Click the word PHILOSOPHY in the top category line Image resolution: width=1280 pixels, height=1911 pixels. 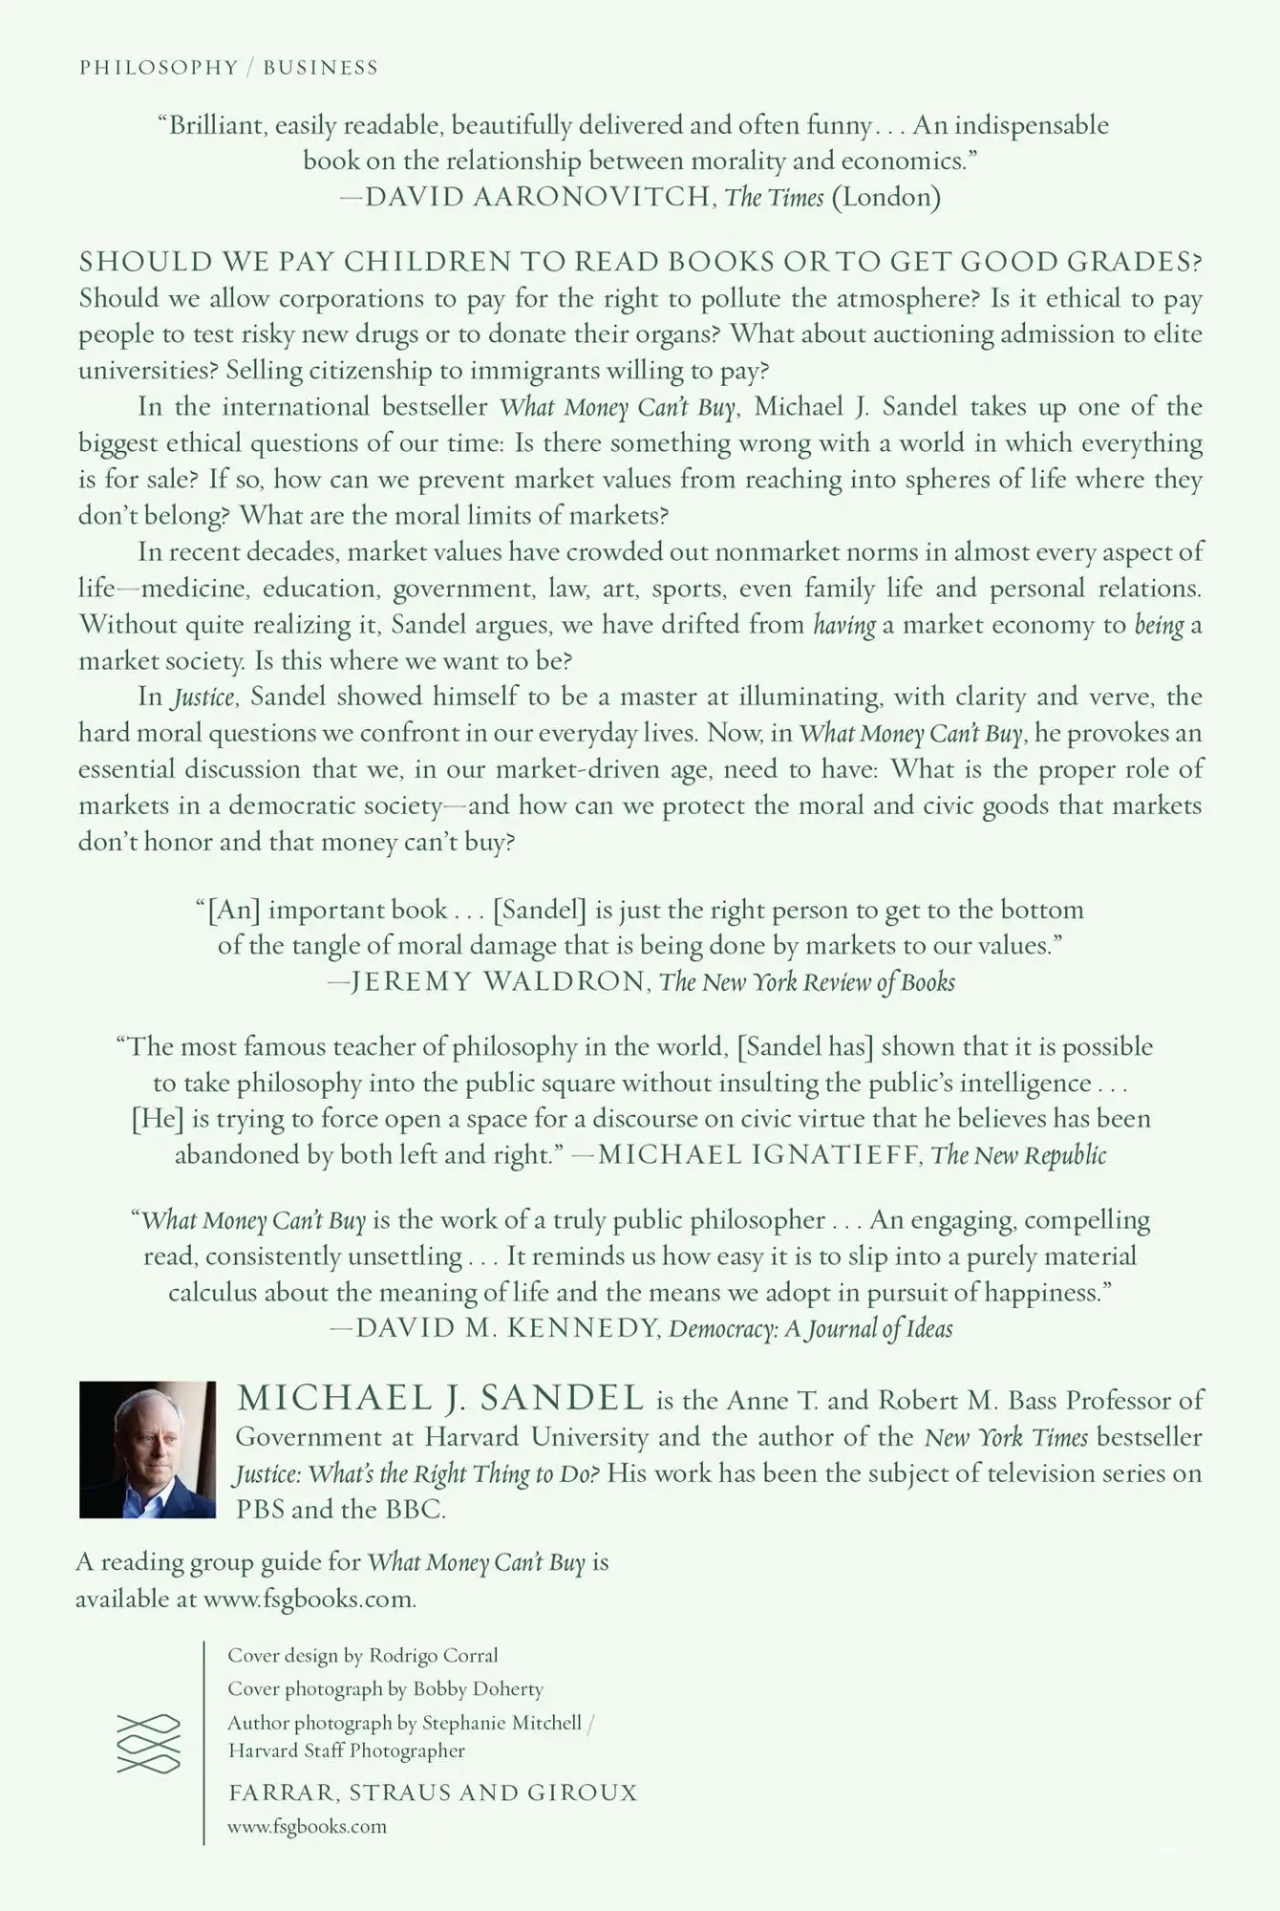pos(159,67)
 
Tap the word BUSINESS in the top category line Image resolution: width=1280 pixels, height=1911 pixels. pos(321,67)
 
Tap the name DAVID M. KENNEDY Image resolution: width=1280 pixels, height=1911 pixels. pos(508,1328)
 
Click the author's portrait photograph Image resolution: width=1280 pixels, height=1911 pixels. pos(148,1449)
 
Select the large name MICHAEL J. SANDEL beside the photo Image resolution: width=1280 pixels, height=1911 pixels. pos(440,1399)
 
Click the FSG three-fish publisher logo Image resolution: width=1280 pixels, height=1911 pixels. pos(148,1744)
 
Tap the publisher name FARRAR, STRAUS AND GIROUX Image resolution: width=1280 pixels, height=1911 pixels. pos(433,1793)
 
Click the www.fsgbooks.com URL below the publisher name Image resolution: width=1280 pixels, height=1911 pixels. pos(307,1827)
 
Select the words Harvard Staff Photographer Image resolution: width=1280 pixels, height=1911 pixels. pos(347,1750)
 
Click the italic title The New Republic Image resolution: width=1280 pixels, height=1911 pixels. pos(1018,1154)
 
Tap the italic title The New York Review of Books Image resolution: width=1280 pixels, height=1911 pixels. pos(807,981)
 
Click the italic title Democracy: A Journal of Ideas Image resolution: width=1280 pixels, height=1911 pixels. pos(810,1328)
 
